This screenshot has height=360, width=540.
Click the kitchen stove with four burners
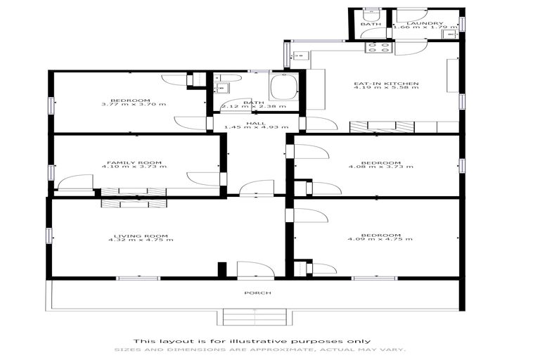pos(379,48)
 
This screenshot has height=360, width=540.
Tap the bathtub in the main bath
pos(284,88)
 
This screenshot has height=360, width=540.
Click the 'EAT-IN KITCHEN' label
pos(386,84)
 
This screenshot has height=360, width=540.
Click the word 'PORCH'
pos(257,292)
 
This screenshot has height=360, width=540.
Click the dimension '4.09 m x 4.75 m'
pos(380,240)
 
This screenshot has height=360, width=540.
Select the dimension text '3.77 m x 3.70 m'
pos(134,104)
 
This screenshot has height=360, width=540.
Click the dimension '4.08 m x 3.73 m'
pos(380,167)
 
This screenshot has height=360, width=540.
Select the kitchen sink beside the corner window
pos(300,56)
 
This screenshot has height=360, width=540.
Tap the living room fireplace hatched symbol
pos(134,203)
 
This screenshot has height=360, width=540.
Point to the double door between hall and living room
pos(256,188)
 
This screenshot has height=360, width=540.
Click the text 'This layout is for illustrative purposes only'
pos(257,341)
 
